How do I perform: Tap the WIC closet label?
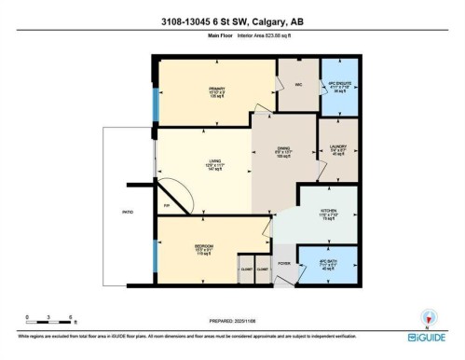297,86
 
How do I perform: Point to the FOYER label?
283,264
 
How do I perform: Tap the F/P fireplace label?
166,203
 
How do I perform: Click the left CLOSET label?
245,269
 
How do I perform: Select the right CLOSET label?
263,269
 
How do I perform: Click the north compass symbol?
428,316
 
